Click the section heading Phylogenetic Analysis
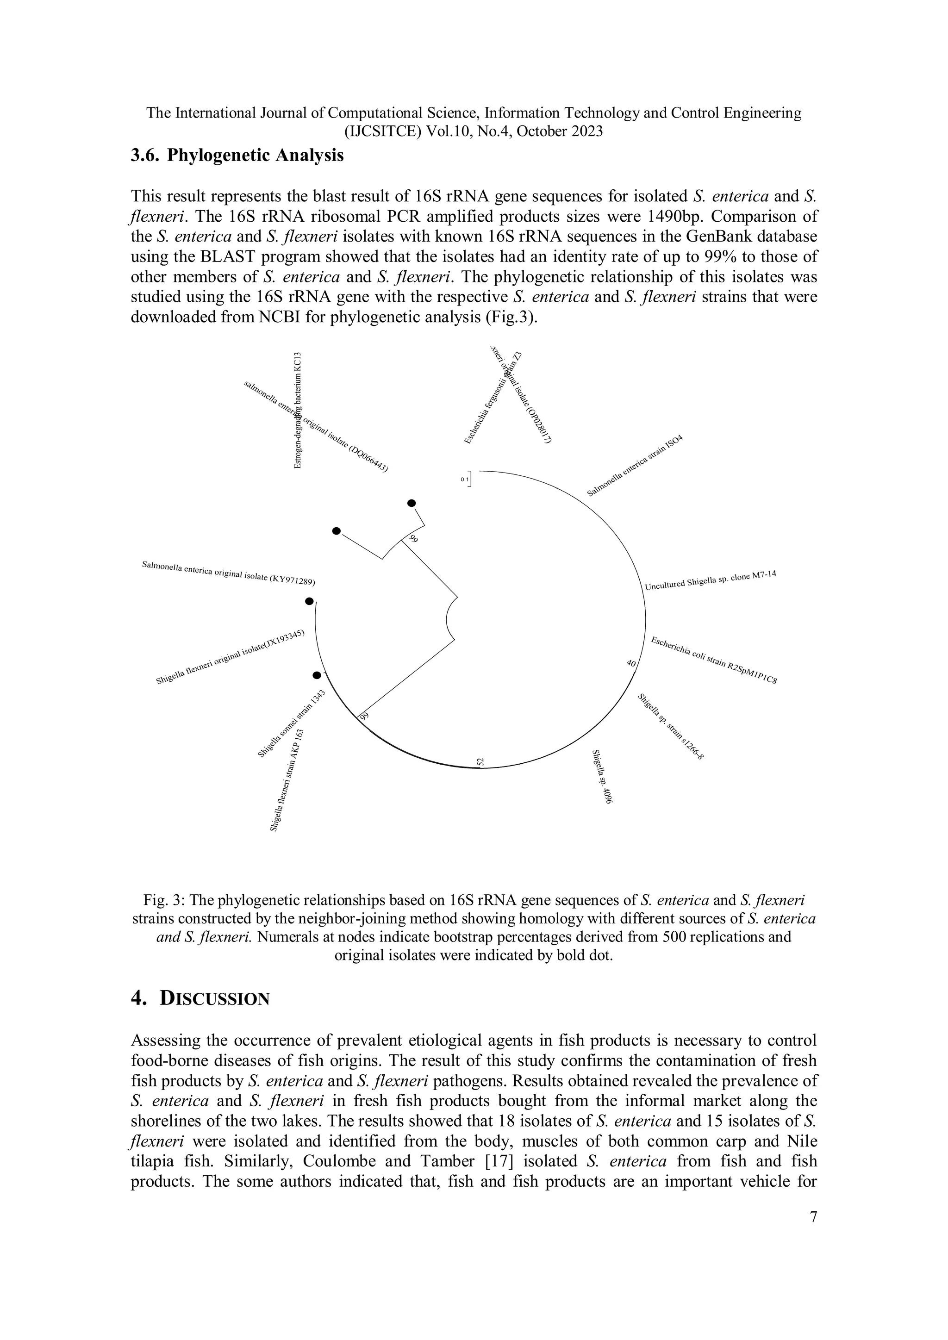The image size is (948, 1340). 237,156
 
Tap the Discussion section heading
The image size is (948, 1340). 200,998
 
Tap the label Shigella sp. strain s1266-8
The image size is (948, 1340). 671,727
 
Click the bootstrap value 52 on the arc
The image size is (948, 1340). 480,761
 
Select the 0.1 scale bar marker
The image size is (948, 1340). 466,479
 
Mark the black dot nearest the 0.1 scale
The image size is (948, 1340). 412,503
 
